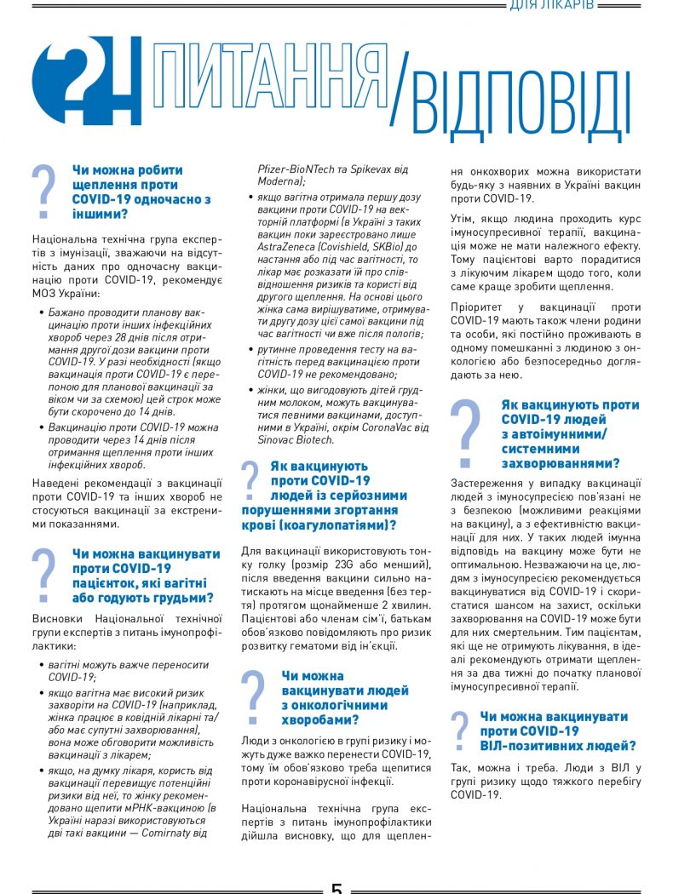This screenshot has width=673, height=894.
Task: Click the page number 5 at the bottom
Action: point(336,887)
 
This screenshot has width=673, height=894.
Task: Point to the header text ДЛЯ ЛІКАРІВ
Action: point(558,6)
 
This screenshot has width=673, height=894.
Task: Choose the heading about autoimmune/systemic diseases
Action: point(560,434)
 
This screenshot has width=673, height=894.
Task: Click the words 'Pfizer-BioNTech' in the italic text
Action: point(298,169)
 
